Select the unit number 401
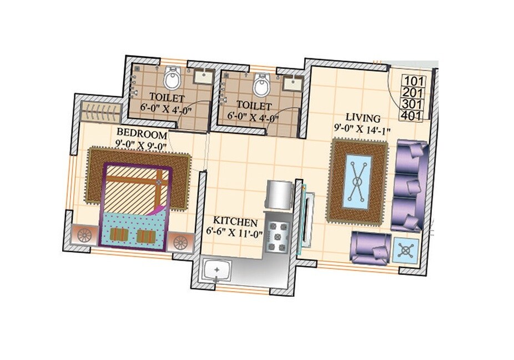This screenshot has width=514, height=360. click(411, 116)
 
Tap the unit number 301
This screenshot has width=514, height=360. click(411, 104)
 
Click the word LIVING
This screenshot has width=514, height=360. click(363, 118)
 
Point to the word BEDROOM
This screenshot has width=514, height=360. click(142, 134)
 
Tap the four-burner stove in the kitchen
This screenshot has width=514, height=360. click(276, 236)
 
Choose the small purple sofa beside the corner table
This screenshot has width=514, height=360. click(369, 248)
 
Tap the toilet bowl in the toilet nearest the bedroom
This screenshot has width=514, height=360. click(173, 79)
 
